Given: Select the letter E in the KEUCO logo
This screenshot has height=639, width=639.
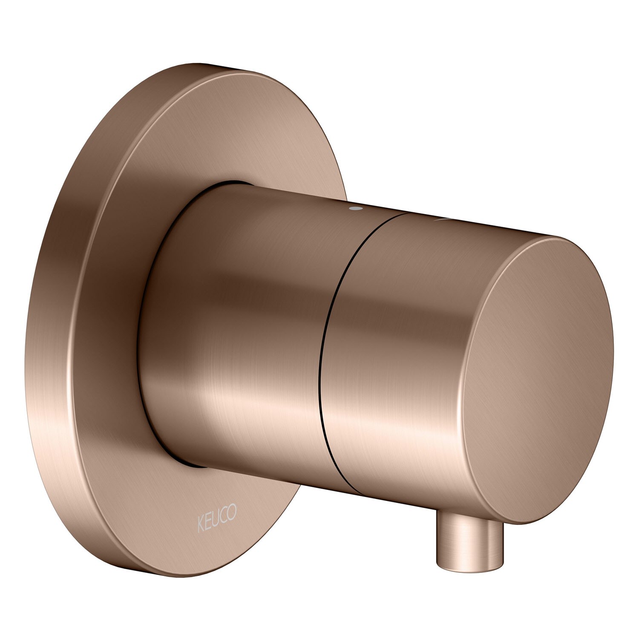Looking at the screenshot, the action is (208, 514).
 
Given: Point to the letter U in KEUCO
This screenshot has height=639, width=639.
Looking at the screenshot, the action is (216, 512).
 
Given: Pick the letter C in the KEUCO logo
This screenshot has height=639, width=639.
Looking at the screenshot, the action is (224, 511).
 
